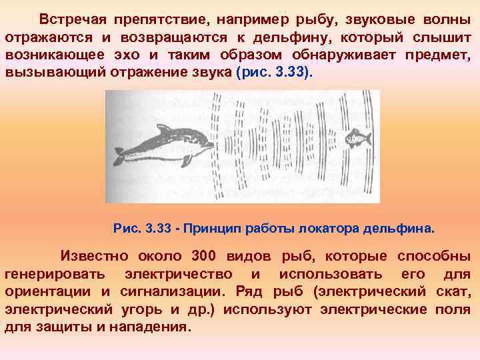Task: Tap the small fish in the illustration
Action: coord(356,139)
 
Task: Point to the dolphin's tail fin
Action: coord(119,156)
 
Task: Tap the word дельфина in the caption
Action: coord(398,229)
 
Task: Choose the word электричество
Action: coord(179,275)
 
